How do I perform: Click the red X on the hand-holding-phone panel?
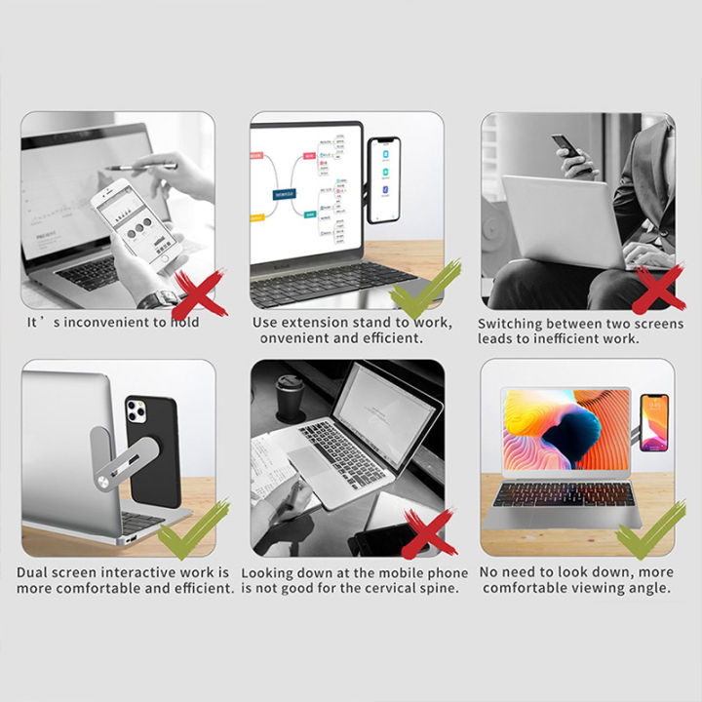[x=199, y=293]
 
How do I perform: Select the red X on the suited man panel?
[x=658, y=290]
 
